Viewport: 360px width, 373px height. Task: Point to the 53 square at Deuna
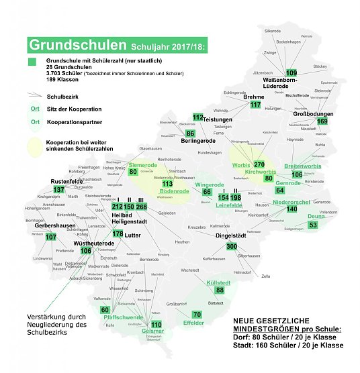pos(313,225)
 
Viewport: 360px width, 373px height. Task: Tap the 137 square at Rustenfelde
pos(59,190)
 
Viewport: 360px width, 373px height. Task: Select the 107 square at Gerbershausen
pos(50,237)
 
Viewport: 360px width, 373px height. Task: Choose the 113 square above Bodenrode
pos(167,184)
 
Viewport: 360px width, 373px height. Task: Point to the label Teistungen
pos(217,119)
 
